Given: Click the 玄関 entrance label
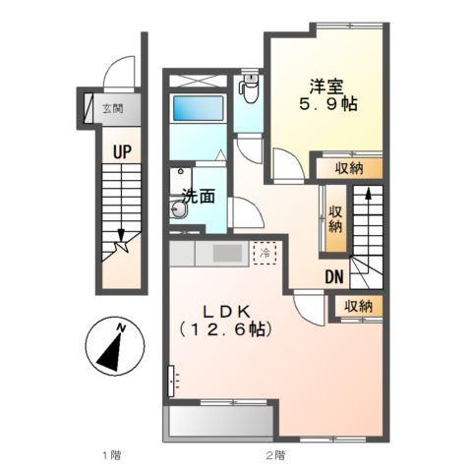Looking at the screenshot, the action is (x=113, y=108).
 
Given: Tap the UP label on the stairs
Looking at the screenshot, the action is (x=122, y=152).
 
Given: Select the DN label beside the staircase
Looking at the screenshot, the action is (x=334, y=277).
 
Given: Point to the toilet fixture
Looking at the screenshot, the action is (x=249, y=88).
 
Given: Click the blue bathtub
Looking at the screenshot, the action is (x=198, y=108).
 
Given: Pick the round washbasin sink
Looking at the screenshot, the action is (x=179, y=208).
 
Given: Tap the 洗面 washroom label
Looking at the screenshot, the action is (x=199, y=196).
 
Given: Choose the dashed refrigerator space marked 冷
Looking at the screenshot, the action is (x=265, y=253).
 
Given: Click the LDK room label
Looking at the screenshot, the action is (x=227, y=312).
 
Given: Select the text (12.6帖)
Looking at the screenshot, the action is (x=226, y=329).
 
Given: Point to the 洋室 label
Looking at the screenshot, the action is (x=326, y=87).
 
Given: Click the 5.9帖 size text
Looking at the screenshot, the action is (x=327, y=104).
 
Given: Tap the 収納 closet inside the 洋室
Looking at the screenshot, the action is (x=349, y=168).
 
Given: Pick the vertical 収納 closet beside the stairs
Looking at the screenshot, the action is (x=335, y=218).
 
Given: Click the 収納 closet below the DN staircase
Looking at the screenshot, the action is (x=358, y=307).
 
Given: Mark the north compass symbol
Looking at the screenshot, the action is (x=115, y=346).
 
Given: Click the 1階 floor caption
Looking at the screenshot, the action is (x=112, y=455).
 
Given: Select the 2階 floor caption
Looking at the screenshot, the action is (x=275, y=455).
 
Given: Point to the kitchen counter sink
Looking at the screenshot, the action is (x=228, y=253).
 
